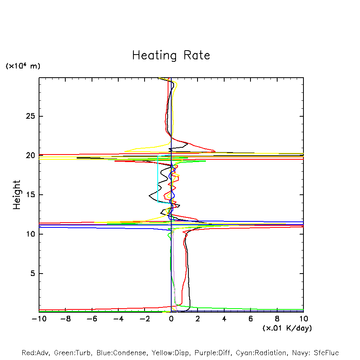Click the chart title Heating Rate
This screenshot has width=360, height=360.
point(171,55)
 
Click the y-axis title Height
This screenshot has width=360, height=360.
point(17,195)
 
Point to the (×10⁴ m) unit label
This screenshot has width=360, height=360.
point(23,66)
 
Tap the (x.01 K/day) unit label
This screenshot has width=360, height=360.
point(287,328)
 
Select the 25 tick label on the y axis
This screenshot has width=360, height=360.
point(29,116)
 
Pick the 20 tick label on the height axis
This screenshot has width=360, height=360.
point(29,156)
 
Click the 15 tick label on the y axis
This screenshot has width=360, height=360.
point(29,195)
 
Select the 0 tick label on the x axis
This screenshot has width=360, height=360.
point(171,319)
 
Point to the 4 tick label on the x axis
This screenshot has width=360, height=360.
point(224,319)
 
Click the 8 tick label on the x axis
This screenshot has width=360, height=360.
point(277,319)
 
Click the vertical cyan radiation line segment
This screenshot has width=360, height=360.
point(158,179)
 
